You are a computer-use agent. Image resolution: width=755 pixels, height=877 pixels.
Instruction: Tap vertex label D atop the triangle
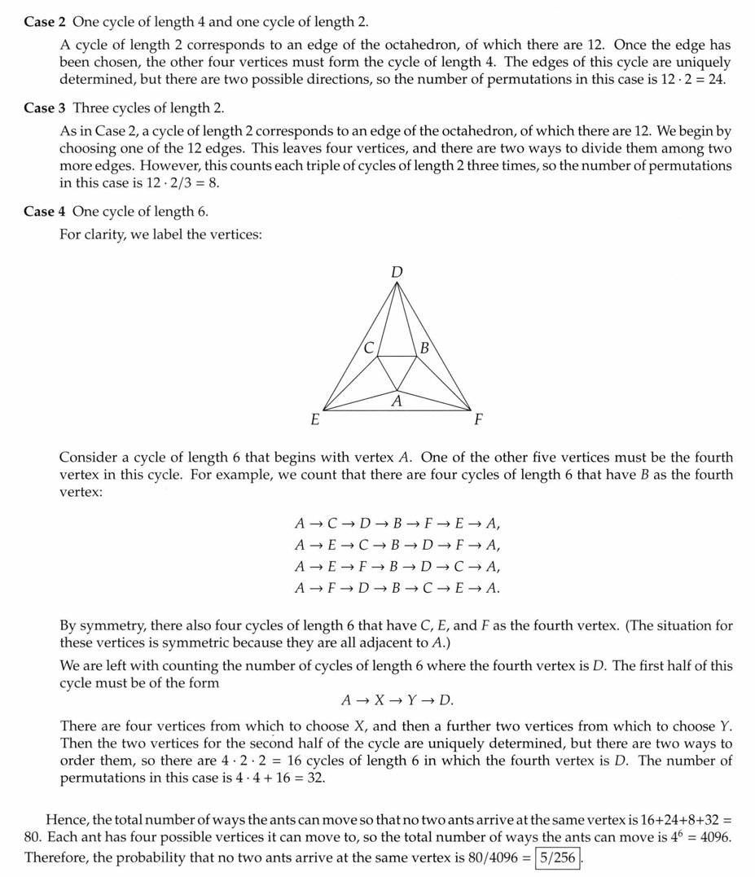397,272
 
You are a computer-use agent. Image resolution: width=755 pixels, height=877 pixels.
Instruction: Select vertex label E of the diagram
314,420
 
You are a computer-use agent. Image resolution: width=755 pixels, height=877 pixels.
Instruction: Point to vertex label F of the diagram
478,420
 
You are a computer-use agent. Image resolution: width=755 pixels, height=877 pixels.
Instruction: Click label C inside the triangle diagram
369,348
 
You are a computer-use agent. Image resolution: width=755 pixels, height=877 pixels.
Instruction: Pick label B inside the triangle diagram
424,349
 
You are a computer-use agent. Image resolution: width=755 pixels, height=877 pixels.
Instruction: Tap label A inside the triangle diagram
397,401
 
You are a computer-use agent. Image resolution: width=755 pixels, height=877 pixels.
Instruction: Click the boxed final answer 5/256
557,857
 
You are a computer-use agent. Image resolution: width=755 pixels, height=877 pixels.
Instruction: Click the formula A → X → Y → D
397,700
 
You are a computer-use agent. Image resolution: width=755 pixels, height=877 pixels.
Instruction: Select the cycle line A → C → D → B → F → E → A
397,524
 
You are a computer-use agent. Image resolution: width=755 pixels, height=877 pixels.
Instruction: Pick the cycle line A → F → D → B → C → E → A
397,587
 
